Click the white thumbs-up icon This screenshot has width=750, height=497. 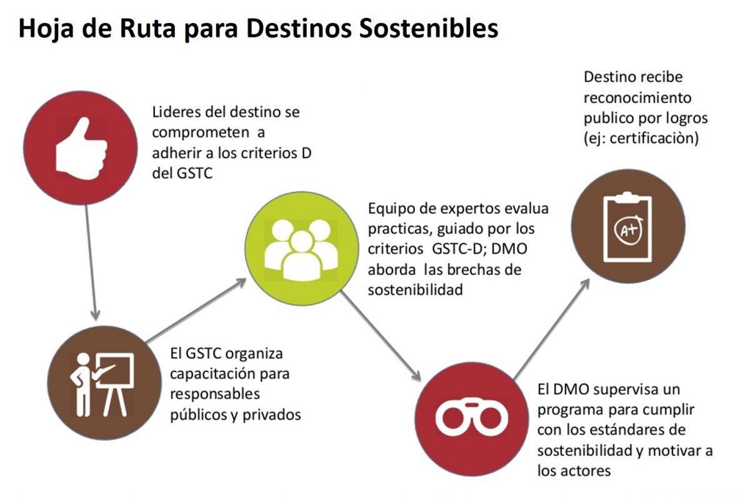click(81, 148)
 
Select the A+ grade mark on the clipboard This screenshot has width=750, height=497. click(629, 229)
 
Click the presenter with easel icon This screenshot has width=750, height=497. click(102, 384)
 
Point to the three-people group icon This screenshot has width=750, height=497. click(301, 250)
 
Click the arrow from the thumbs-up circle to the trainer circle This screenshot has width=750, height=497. click(91, 263)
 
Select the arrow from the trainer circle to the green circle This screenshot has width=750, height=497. click(196, 311)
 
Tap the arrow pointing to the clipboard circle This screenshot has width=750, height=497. click(552, 329)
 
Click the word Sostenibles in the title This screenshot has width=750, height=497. click(428, 28)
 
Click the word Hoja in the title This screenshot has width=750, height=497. click(46, 29)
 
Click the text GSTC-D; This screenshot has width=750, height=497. click(459, 249)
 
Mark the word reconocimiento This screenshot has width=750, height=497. click(637, 98)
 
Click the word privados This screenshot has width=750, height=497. click(271, 414)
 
